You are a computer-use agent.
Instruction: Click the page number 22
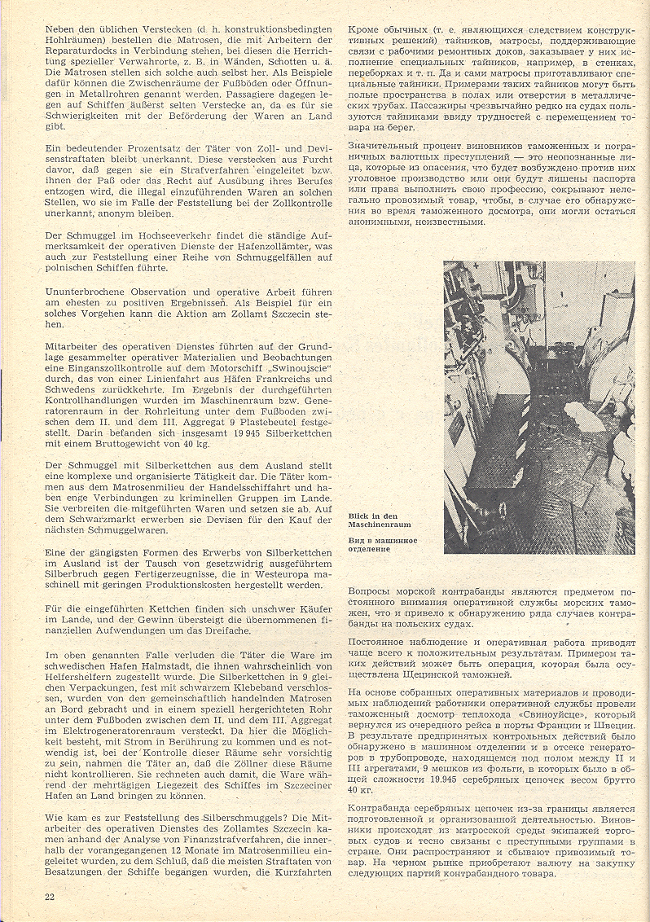pos(51,896)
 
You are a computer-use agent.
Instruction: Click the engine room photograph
pos(539,406)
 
